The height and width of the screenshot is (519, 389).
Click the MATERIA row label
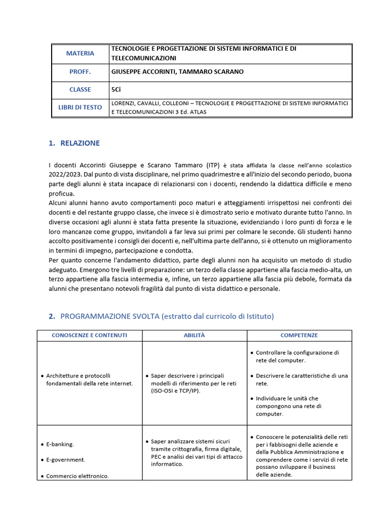tap(80, 53)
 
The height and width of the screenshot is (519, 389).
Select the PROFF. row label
tap(80, 71)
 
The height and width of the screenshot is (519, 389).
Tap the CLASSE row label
tap(80, 89)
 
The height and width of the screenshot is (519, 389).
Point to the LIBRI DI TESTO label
tap(80, 107)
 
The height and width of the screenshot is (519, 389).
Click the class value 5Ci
tap(116, 89)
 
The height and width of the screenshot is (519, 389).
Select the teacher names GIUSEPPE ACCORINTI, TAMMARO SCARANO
tap(177, 71)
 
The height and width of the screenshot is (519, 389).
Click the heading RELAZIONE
tap(80, 143)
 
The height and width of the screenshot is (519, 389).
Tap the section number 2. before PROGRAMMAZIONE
tap(52, 316)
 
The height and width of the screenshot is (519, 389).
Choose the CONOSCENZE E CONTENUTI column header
tap(90, 336)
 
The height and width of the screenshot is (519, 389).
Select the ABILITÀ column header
tap(194, 336)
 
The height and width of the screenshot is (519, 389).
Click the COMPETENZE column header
tap(299, 336)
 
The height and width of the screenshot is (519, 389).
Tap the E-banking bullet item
tap(60, 444)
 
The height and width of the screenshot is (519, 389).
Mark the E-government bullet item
tap(66, 460)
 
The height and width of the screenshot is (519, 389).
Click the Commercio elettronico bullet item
tap(77, 476)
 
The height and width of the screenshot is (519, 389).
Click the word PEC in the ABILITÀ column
tap(157, 457)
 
